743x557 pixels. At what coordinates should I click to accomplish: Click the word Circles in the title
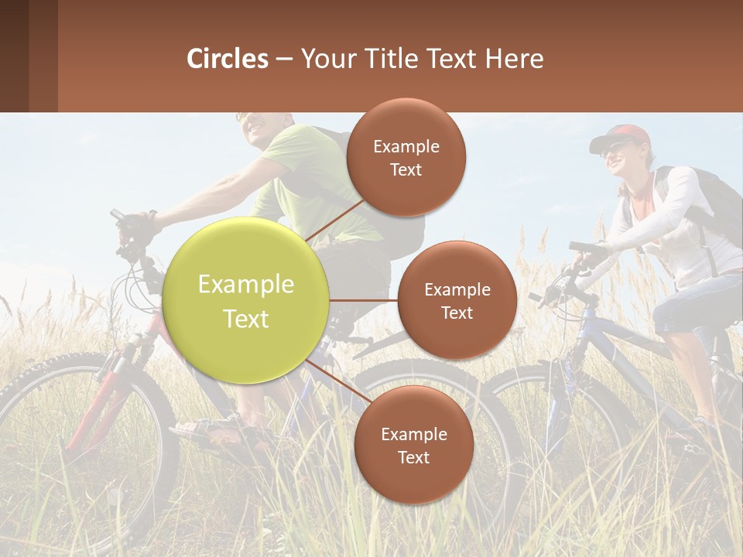click(228, 59)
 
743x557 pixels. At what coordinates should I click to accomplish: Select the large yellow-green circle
click(246, 301)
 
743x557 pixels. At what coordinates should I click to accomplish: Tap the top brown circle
click(406, 157)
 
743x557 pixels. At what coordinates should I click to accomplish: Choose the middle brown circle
click(457, 300)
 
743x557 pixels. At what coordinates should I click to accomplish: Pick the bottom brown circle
click(413, 445)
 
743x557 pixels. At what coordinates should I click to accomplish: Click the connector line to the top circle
click(334, 220)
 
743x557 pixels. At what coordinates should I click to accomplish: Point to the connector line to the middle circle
click(364, 300)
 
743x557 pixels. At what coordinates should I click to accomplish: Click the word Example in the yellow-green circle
click(246, 285)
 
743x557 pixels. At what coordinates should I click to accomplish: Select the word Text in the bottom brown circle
click(413, 457)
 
